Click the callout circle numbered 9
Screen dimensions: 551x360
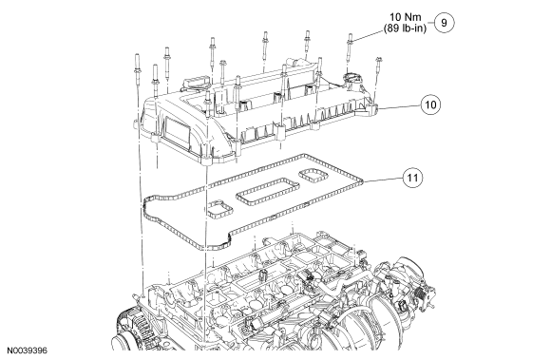[x=444, y=23]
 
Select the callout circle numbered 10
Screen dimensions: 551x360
[x=430, y=104]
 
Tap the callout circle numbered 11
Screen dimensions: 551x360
[x=412, y=178]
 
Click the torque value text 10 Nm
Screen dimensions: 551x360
[x=405, y=17]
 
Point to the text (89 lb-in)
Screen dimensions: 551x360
[x=405, y=28]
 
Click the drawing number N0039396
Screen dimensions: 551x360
[x=27, y=351]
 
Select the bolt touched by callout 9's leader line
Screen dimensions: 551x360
[x=350, y=48]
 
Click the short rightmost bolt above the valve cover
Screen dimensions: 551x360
[x=378, y=66]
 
